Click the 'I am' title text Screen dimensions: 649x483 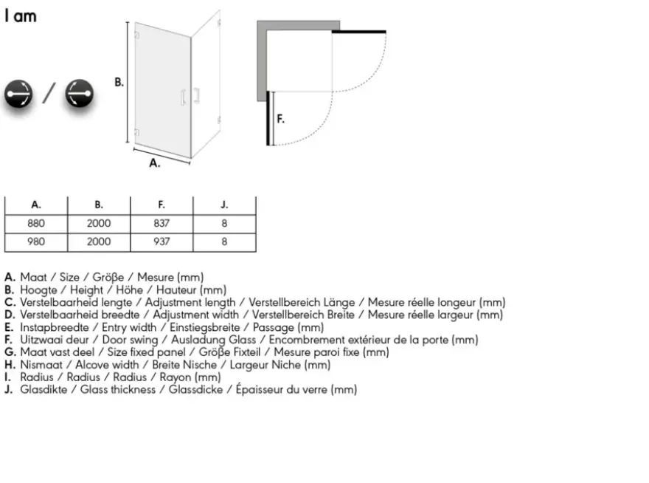point(21,16)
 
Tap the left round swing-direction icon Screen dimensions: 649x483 point(18,94)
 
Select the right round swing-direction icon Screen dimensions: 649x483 point(80,94)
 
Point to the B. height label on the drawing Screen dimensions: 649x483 point(119,82)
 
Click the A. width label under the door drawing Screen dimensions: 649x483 point(154,163)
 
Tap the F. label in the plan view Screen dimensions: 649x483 point(281,119)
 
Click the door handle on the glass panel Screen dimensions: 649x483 point(183,97)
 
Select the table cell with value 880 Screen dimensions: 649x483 point(36,224)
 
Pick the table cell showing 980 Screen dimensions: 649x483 point(36,241)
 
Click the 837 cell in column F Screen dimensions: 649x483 point(162,224)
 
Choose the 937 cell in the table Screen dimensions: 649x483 point(162,241)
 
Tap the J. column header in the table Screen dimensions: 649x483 point(224,205)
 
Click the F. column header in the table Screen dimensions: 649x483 point(162,205)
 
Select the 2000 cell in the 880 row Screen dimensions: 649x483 point(99,224)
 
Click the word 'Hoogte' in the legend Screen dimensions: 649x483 point(38,290)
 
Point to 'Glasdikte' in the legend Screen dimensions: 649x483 point(44,390)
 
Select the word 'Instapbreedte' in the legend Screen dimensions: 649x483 point(55,327)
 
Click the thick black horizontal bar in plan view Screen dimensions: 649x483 point(359,32)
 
